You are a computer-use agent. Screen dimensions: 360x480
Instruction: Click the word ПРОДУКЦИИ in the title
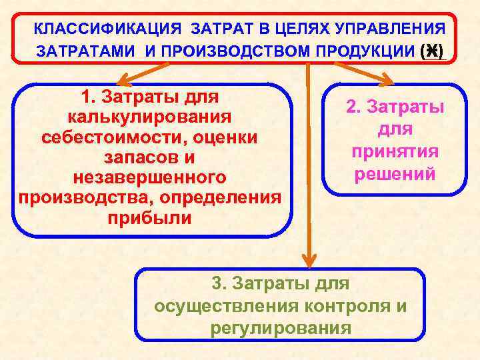378,51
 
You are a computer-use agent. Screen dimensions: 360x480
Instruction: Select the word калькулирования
149,117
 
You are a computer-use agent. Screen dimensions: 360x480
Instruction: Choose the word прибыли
149,219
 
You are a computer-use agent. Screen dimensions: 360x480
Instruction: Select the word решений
395,173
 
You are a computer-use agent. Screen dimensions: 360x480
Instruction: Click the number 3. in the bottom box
221,283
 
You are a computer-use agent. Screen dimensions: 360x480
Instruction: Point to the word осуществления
229,305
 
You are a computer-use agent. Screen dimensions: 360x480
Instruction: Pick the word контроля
349,305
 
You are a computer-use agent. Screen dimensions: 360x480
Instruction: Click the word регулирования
280,327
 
